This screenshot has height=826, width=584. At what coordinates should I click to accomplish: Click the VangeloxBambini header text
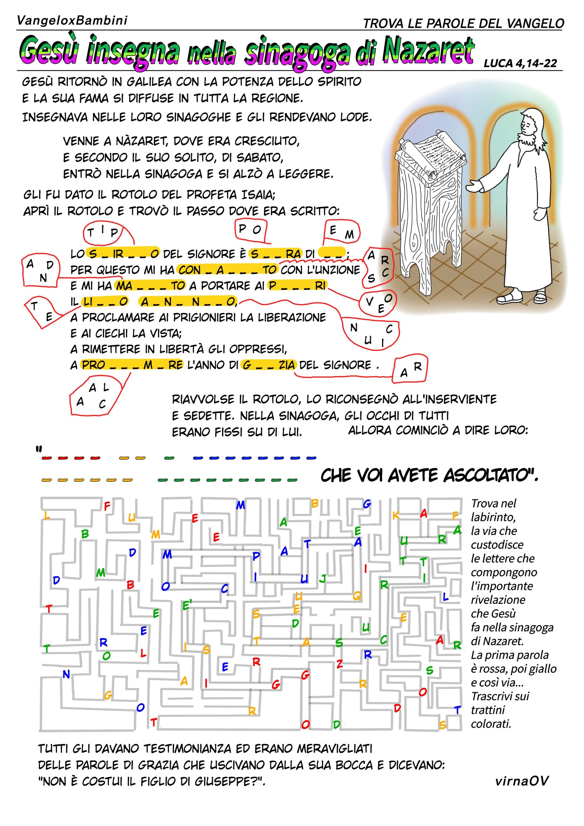tap(72, 21)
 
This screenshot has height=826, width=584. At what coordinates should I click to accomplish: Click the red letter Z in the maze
tap(339, 664)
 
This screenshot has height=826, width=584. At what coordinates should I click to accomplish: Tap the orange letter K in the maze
tap(396, 516)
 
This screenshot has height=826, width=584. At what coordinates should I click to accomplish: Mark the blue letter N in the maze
tap(66, 674)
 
